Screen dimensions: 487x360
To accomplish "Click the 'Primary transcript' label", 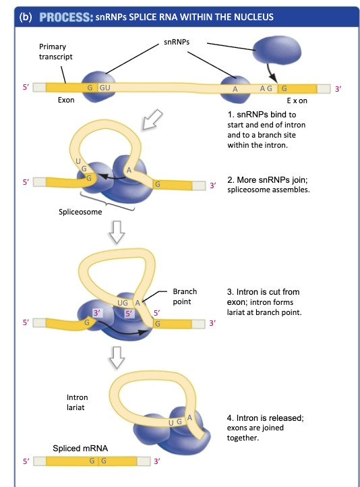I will tap(57, 52).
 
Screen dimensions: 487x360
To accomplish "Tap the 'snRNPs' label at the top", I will tap(177, 42).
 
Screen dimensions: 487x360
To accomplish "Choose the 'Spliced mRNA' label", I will tap(80, 448).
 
